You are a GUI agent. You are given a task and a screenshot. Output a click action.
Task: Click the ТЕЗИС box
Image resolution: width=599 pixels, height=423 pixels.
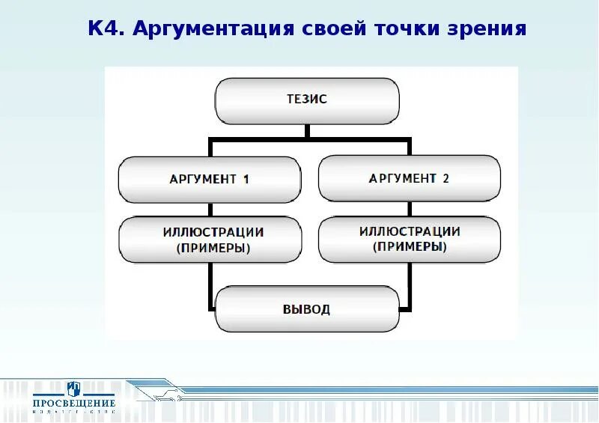coord(307,101)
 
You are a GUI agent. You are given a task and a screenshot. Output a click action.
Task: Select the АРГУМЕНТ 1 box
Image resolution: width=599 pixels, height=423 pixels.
coord(210,179)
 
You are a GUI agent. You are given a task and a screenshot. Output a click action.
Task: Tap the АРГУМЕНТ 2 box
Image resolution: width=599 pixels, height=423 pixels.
coord(409,178)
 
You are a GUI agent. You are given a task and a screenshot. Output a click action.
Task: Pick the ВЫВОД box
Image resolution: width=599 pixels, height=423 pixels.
coord(307,309)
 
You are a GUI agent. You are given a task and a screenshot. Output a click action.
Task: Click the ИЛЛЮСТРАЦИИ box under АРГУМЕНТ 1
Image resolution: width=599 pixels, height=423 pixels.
coord(210,240)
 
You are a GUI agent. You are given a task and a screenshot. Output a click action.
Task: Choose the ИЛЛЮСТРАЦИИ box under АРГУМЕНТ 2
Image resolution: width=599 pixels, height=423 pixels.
coord(409,240)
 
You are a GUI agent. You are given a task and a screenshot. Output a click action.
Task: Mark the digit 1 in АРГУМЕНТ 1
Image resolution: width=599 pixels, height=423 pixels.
coord(245,179)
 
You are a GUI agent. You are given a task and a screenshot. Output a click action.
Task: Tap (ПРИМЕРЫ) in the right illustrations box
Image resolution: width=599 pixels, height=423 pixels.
coord(409,247)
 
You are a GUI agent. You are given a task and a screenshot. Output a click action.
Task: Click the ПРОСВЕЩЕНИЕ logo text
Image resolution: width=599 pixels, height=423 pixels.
coord(73,403)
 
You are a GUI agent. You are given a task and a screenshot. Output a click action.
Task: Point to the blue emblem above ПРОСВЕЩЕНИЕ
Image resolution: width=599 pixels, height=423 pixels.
coord(73,388)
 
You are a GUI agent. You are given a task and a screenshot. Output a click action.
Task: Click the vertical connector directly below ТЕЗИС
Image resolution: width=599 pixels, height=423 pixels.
coord(307,131)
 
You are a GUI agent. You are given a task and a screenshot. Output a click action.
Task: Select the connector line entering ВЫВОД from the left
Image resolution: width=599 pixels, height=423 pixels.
coord(210,309)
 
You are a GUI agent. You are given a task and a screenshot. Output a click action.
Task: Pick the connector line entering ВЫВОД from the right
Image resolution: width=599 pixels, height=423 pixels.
coord(405,308)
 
